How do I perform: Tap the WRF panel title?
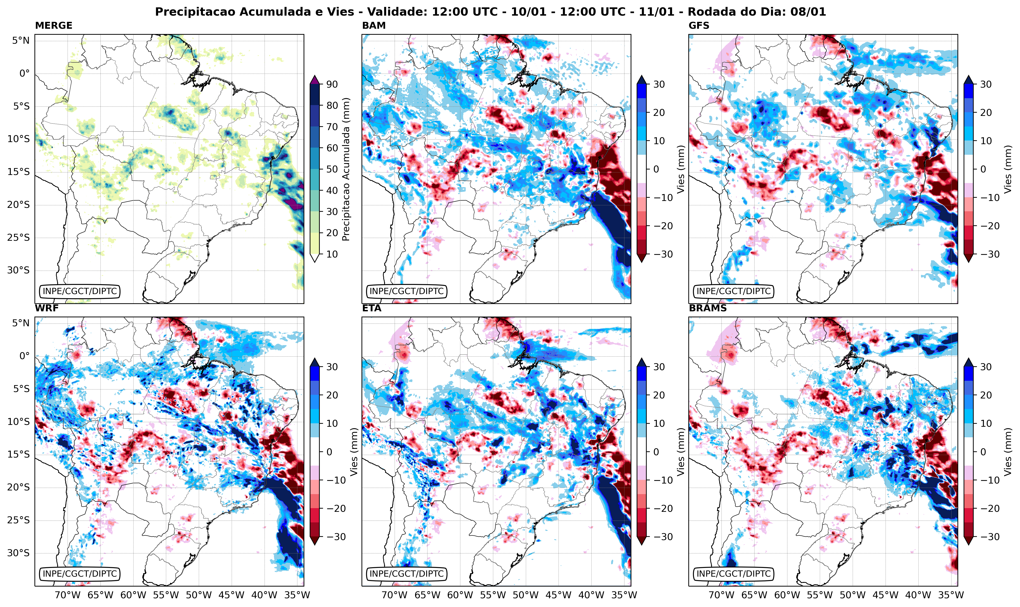point(47,308)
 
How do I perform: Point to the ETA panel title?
point(372,308)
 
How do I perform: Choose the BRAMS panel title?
point(708,308)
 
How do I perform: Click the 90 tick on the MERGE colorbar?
point(332,84)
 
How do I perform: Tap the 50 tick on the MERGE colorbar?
point(332,169)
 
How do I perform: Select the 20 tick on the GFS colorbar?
point(986,112)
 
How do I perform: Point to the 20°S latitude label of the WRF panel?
point(18,487)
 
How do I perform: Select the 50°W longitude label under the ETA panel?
point(525,595)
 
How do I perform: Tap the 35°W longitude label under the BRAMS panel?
point(951,595)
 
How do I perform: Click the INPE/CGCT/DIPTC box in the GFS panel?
point(733,291)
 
